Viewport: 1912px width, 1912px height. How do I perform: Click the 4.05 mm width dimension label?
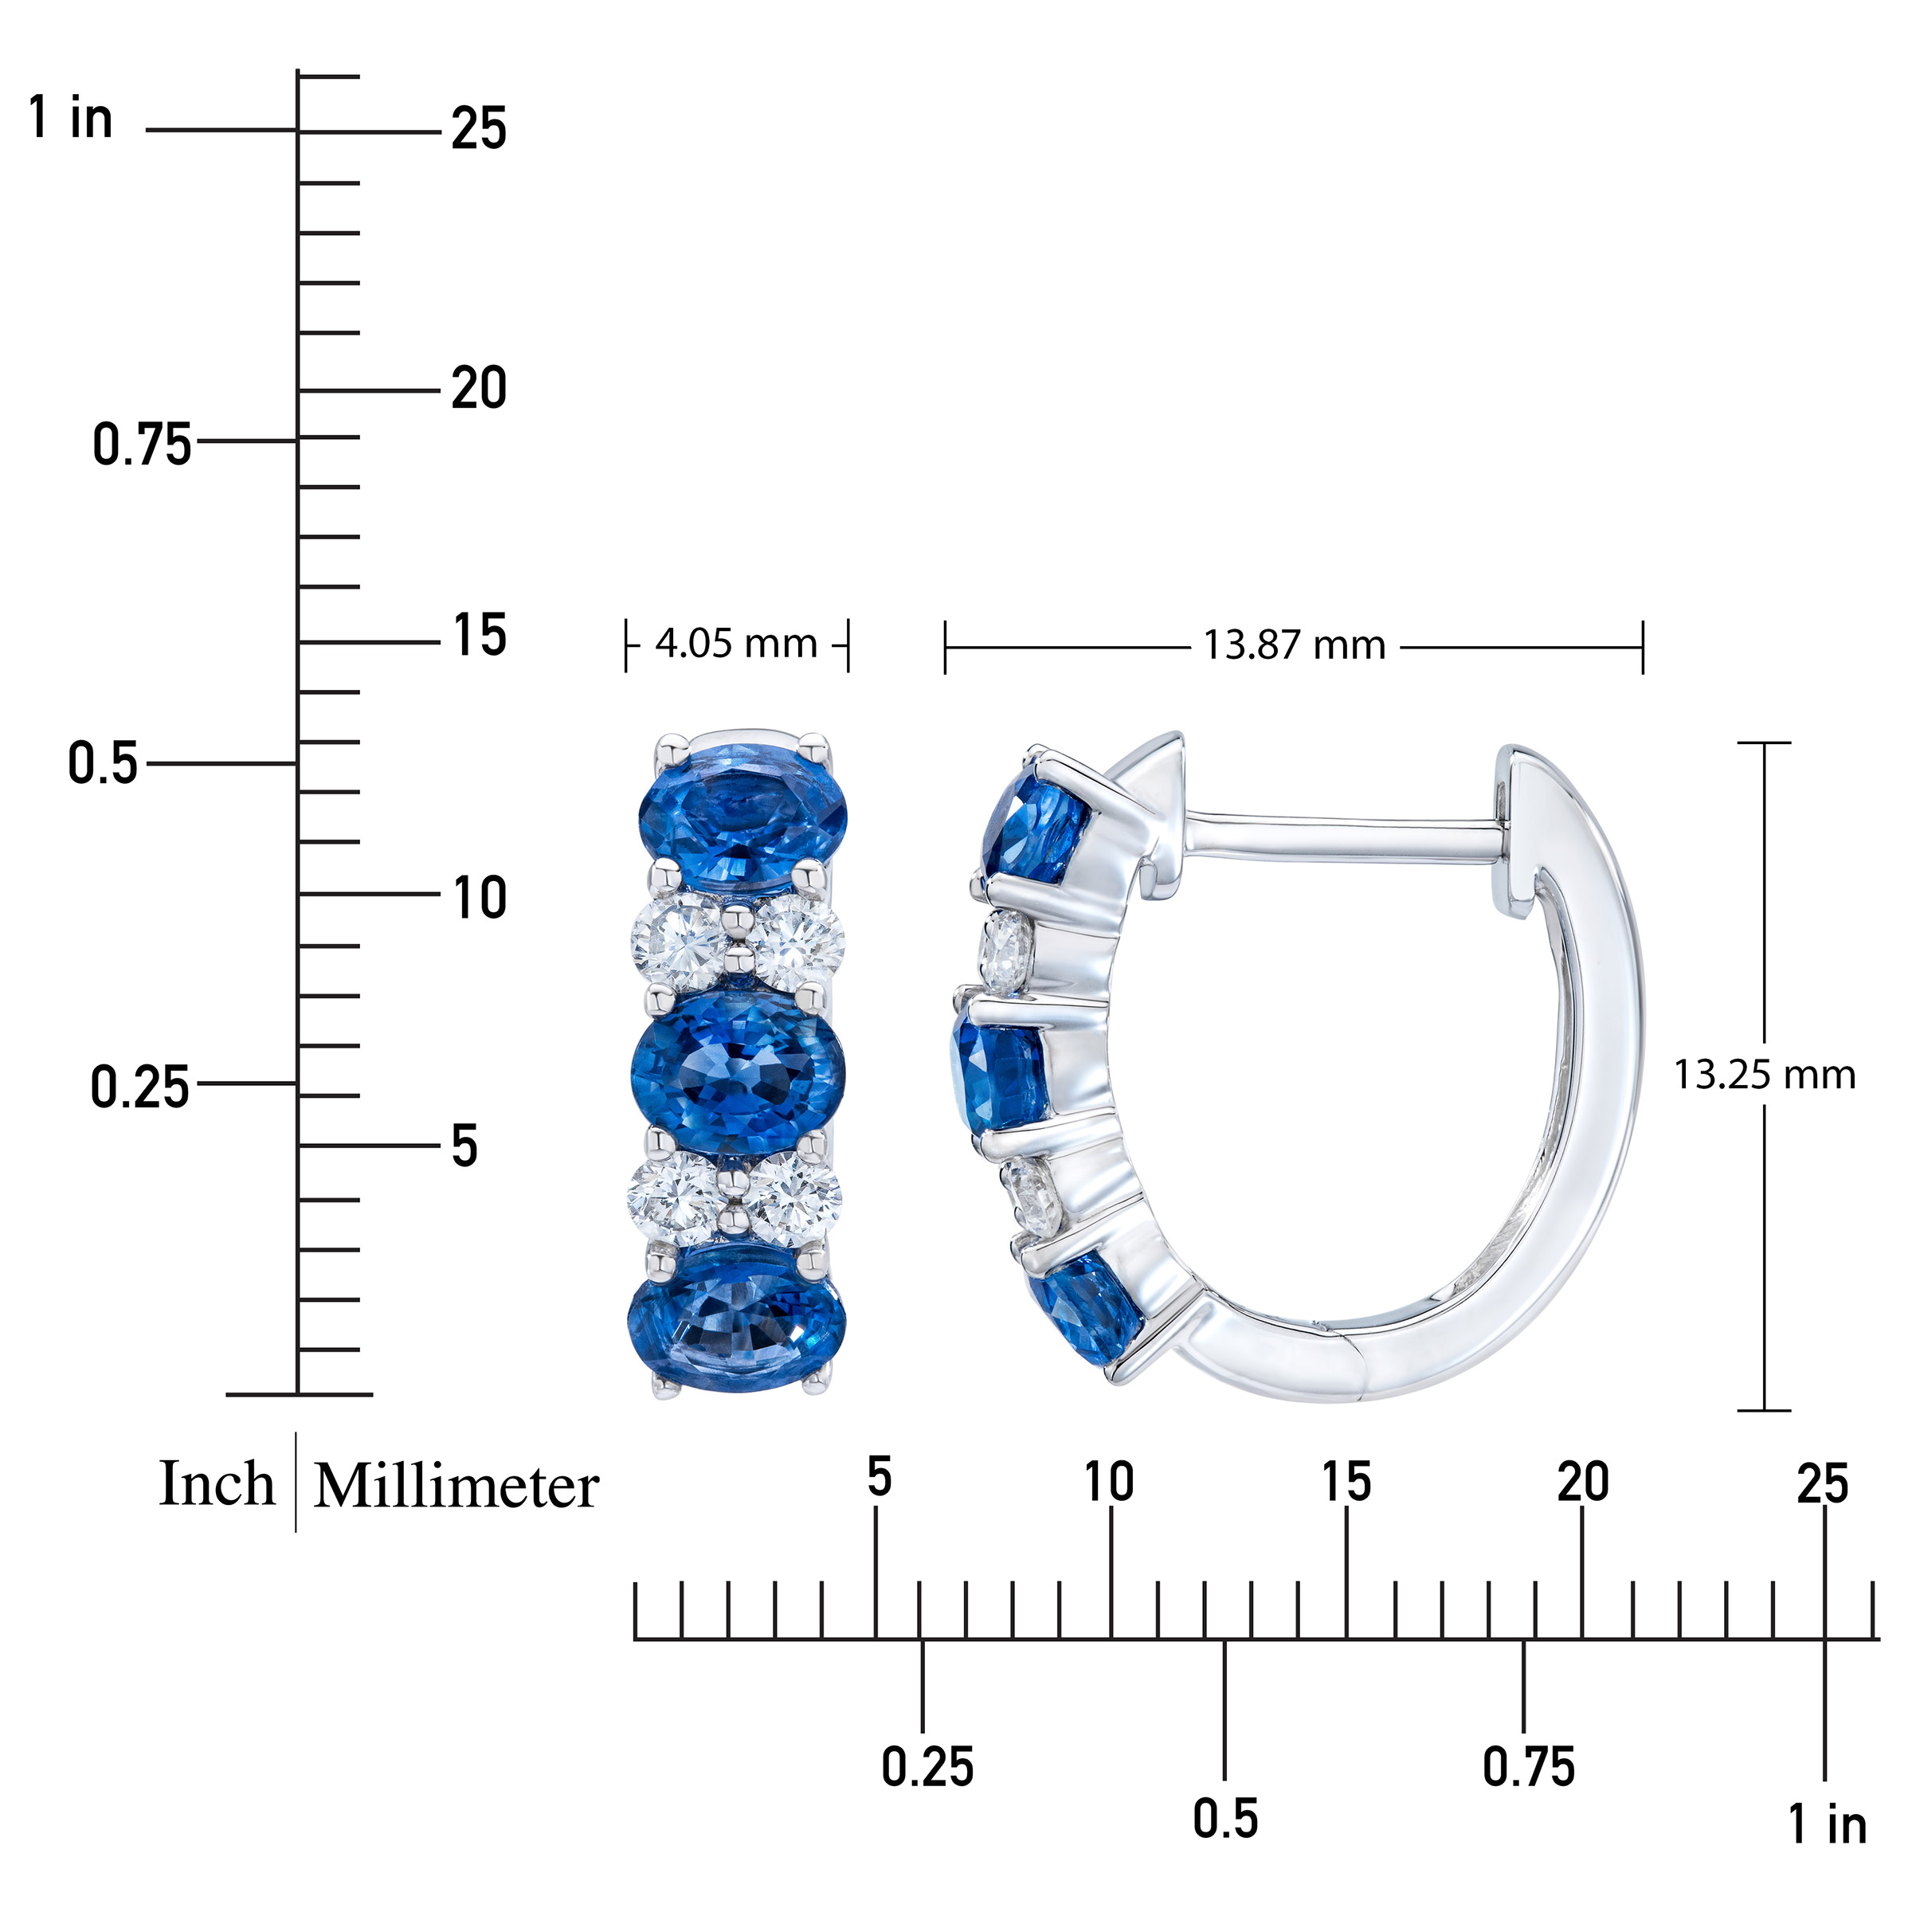(x=735, y=645)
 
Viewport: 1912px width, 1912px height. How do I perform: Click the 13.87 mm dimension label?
(x=1294, y=646)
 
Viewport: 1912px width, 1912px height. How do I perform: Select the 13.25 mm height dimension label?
(x=1764, y=1075)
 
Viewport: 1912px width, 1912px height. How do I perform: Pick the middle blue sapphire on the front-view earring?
(x=739, y=1069)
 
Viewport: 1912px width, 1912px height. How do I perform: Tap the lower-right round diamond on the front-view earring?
(x=795, y=1197)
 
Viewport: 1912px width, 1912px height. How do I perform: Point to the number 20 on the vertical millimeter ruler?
(x=479, y=388)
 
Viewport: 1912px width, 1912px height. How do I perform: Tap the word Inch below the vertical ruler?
(x=217, y=1484)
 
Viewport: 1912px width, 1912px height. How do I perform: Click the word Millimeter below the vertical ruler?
(x=456, y=1487)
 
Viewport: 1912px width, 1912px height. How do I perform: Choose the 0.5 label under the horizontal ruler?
(x=1224, y=1819)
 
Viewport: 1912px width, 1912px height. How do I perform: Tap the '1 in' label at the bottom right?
(x=1827, y=1824)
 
